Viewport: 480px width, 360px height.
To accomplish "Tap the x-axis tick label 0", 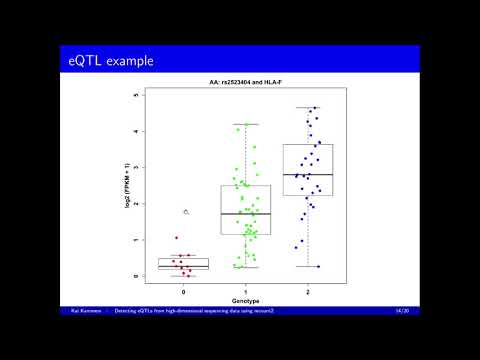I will (x=184, y=290).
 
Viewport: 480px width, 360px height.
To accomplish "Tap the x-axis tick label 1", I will (x=246, y=290).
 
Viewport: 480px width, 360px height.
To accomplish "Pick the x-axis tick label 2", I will (x=308, y=290).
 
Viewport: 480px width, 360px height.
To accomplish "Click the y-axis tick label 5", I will (x=136, y=95).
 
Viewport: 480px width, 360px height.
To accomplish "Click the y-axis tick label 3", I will (x=136, y=167).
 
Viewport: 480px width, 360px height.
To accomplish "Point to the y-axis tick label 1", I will (x=136, y=240).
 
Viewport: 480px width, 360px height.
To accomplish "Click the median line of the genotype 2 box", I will (x=308, y=175).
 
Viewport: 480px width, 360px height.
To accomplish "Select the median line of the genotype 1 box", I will (x=246, y=213).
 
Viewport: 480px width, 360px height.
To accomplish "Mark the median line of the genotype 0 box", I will (x=184, y=266).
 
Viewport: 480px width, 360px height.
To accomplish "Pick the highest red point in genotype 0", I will (x=177, y=238).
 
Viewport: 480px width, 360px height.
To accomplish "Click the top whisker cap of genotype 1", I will (x=246, y=124).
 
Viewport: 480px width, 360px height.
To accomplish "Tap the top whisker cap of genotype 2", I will (x=308, y=107).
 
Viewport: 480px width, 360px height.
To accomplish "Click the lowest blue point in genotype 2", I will (x=318, y=266).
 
